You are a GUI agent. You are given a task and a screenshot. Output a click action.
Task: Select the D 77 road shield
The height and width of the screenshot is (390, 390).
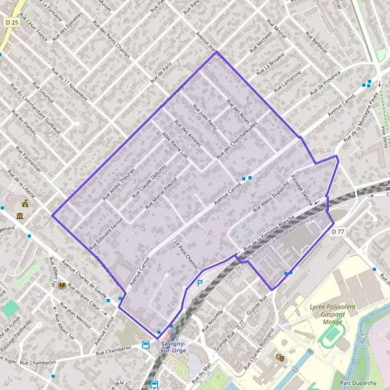tap(337, 231)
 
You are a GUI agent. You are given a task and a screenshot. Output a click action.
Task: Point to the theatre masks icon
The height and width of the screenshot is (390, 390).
tap(281, 357)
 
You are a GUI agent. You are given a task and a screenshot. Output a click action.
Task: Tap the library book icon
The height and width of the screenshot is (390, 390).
tap(62, 285)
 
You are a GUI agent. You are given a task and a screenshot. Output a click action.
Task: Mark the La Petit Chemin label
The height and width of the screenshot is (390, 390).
tap(187, 254)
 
